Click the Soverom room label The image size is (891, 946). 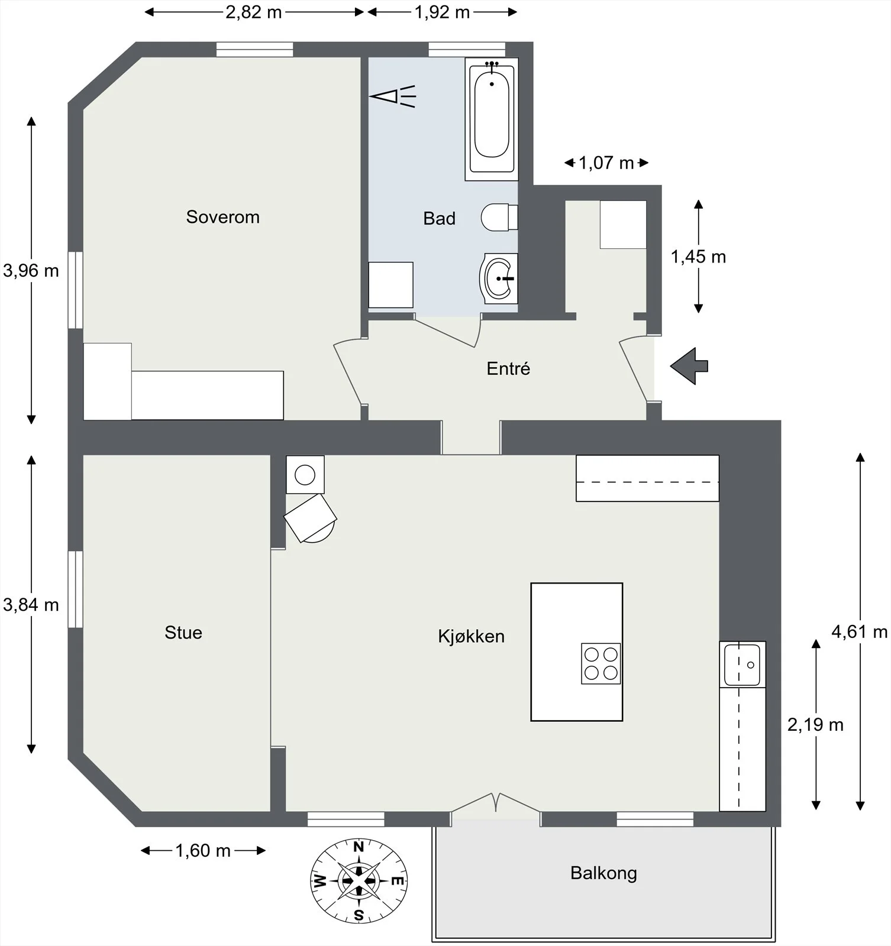[x=222, y=217]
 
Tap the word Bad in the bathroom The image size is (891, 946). [x=439, y=218]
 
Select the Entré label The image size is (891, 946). [x=508, y=368]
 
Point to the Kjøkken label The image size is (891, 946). [x=471, y=636]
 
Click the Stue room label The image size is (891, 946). [x=183, y=633]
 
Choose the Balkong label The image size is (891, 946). [x=603, y=873]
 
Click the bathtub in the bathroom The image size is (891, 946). [x=492, y=119]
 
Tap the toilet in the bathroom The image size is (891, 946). [x=499, y=217]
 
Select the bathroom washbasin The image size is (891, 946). [x=499, y=278]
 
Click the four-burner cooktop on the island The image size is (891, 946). [x=601, y=663]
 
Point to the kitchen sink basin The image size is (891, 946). [x=742, y=664]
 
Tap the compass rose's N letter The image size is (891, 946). [x=359, y=847]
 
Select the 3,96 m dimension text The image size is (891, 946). [x=31, y=271]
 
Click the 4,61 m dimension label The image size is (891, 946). [x=860, y=631]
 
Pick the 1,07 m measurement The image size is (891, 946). [x=606, y=163]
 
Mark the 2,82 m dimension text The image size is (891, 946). [x=253, y=12]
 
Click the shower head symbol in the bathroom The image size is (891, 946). [x=393, y=96]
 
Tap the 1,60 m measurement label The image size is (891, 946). [x=202, y=851]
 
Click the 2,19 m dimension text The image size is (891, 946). [x=815, y=724]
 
